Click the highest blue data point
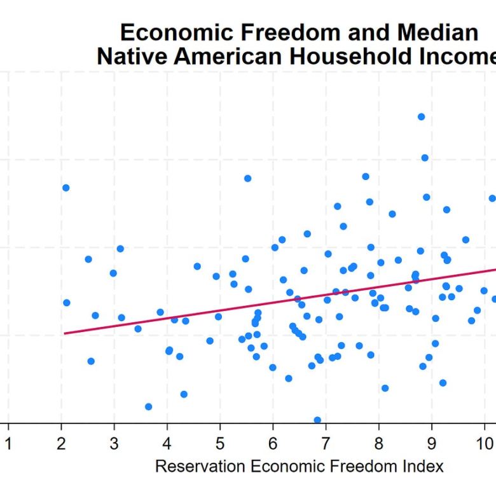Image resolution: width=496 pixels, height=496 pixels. click(x=421, y=117)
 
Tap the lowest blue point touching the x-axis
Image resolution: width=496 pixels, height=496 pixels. click(x=317, y=420)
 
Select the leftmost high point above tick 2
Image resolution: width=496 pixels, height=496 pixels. click(x=65, y=188)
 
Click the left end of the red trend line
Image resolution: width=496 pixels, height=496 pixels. click(x=64, y=333)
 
